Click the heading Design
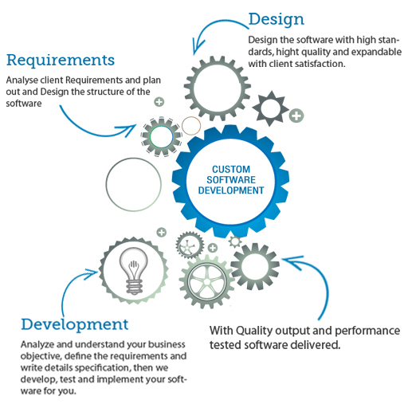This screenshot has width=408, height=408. pyautogui.click(x=276, y=19)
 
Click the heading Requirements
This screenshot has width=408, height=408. pyautogui.click(x=61, y=61)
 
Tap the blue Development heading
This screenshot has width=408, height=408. pyautogui.click(x=75, y=324)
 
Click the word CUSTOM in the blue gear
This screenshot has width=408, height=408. pyautogui.click(x=231, y=169)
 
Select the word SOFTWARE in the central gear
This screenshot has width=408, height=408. pyautogui.click(x=231, y=180)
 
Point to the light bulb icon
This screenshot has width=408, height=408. pyautogui.click(x=134, y=271)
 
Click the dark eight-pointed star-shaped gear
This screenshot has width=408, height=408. pyautogui.click(x=270, y=108)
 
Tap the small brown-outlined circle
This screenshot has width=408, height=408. pyautogui.click(x=191, y=126)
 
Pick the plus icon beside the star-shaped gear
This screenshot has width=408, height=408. pyautogui.click(x=296, y=116)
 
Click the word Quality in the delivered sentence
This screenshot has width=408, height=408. pyautogui.click(x=254, y=331)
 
